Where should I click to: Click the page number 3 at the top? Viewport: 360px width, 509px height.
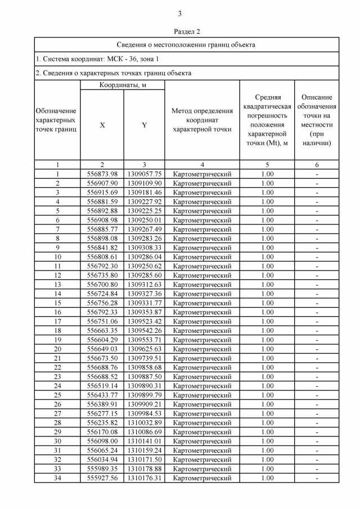pos(180,14)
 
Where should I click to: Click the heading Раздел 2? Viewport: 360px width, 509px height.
pos(180,31)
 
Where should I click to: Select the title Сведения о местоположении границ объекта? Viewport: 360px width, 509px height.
pos(186,44)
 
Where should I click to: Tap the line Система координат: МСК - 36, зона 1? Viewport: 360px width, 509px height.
pos(97,58)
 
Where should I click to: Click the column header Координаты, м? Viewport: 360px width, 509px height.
pos(123,85)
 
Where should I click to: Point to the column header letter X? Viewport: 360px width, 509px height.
pos(102,125)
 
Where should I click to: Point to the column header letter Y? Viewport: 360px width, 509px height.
pos(144,125)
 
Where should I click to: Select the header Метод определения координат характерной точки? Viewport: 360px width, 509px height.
pos(202,120)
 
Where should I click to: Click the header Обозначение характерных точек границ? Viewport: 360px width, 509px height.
pos(56,120)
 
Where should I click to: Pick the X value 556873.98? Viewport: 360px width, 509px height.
pos(102,174)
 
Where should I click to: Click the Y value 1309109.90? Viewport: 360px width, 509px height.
pos(144,183)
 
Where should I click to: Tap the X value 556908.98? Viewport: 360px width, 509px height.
pos(102,220)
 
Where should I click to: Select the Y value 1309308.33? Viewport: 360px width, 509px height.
pos(144,247)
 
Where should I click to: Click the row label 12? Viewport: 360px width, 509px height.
pos(57,275)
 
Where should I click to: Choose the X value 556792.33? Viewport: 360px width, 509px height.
pos(102,312)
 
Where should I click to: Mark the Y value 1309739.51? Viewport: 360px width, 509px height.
pos(144,358)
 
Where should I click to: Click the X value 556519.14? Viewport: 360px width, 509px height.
pos(102,386)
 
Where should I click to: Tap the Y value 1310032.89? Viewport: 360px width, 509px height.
pos(144,422)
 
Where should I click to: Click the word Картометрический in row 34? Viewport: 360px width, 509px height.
pos(202,478)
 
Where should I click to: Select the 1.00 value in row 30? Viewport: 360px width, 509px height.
pos(267,441)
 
